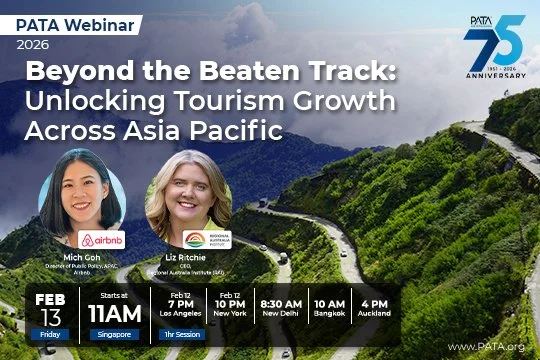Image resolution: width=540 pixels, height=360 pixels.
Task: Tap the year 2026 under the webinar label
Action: tap(33, 43)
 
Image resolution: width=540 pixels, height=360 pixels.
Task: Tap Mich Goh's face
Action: tap(81, 191)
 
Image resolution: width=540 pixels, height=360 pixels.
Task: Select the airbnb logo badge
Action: tap(102, 240)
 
